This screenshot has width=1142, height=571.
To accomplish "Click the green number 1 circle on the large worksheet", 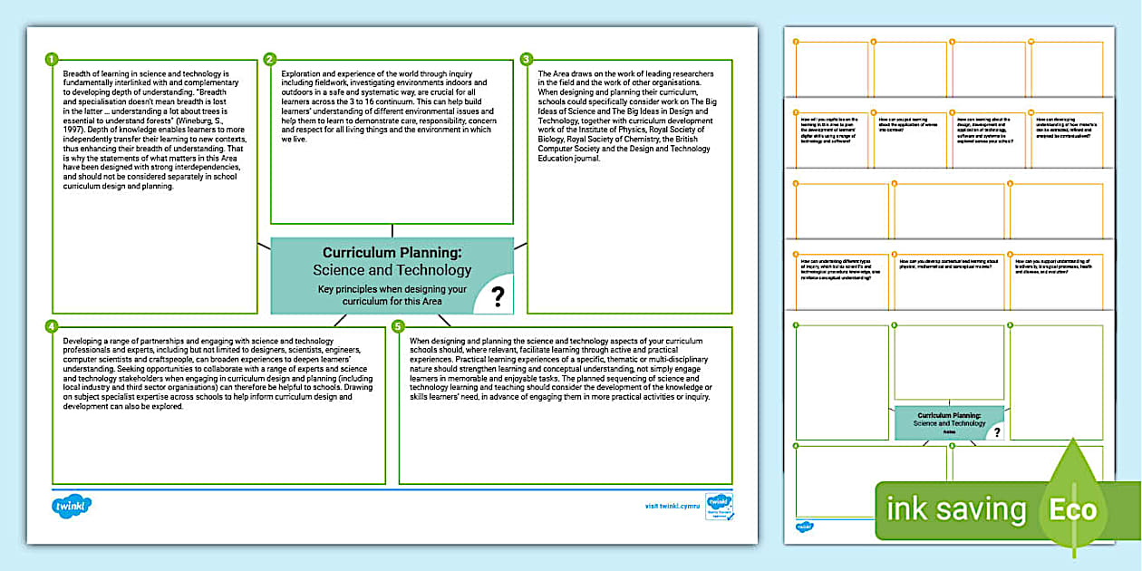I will coord(52,60).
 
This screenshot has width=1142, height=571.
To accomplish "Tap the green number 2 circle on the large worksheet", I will coord(270,60).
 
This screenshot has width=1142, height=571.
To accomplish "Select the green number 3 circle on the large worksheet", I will coord(527,60).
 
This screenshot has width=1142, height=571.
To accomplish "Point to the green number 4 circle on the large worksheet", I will coord(52,325).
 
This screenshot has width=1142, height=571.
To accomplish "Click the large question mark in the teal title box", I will coord(497,294).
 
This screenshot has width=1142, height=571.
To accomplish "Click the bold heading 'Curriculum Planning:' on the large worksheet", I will coord(392,253).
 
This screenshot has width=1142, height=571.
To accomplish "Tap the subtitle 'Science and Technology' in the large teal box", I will coord(392,270).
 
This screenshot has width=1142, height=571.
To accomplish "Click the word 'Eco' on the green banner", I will coord(1073,509).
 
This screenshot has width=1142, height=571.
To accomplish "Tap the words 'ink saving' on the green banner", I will coord(956,509).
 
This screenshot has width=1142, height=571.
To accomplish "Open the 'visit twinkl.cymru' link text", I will coord(672,506).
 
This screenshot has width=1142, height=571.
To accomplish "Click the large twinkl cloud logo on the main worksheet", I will coord(72,506).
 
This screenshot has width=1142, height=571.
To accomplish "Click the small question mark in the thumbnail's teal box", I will coord(997,433).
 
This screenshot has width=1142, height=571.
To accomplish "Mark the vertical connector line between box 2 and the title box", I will coord(392,230).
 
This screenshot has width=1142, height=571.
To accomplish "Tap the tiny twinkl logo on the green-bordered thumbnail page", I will coord(804,526).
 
